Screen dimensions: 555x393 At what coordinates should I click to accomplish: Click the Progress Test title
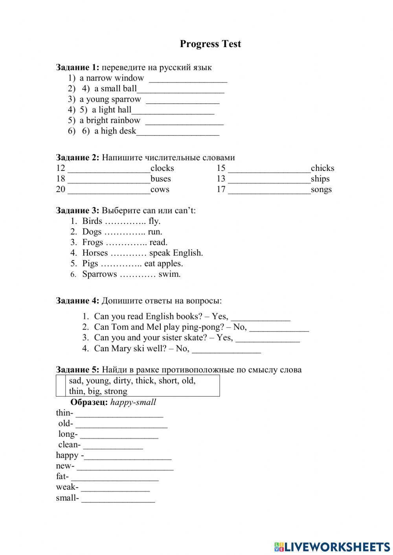[x=210, y=44]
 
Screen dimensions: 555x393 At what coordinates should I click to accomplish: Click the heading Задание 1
[x=77, y=67]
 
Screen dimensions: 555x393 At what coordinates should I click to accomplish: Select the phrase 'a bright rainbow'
[x=110, y=121]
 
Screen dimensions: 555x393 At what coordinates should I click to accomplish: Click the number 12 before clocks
[x=61, y=168]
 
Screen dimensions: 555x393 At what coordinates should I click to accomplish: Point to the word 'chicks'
[x=322, y=168]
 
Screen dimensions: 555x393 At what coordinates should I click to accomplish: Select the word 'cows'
[x=160, y=189]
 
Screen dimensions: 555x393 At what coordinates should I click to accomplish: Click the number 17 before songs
[x=221, y=189]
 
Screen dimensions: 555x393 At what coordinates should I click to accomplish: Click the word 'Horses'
[x=95, y=253]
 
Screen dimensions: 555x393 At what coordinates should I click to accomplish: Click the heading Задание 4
[x=77, y=301]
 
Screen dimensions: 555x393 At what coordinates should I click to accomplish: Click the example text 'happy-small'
[x=133, y=402]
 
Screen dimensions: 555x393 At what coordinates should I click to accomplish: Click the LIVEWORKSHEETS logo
[x=332, y=546]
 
